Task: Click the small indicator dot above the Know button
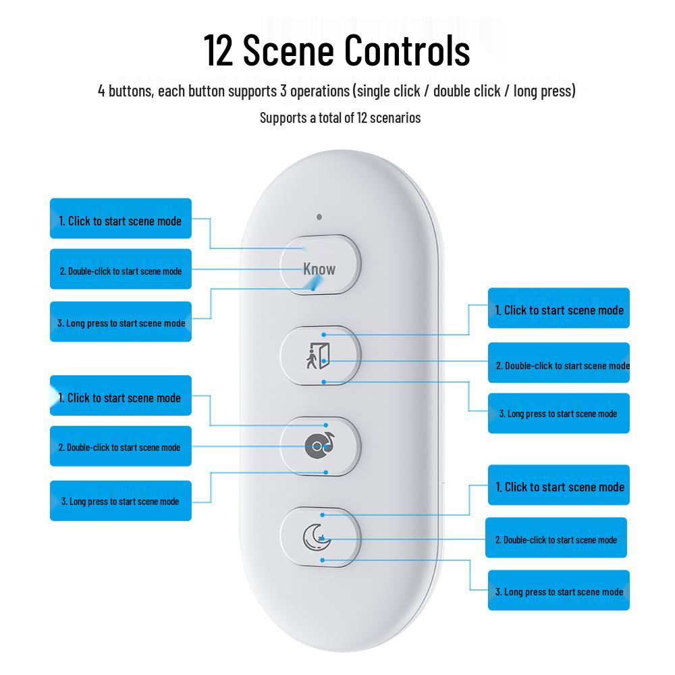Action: point(319,217)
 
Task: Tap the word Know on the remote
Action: point(319,269)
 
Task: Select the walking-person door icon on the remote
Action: point(318,356)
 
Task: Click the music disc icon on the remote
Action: point(319,446)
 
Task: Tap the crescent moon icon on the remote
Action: point(317,537)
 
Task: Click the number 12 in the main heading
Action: point(218,51)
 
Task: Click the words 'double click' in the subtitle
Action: point(466,91)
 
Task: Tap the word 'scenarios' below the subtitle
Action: point(395,117)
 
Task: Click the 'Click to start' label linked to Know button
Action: point(121,218)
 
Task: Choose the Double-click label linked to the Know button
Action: point(121,269)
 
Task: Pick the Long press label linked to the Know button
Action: point(121,321)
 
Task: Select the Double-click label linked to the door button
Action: point(559,362)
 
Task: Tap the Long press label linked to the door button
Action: point(559,413)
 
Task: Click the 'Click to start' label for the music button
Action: point(121,396)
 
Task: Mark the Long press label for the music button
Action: point(121,501)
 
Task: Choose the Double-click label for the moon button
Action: point(556,538)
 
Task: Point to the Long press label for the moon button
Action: point(559,590)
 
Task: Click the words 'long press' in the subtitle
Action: point(545,91)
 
